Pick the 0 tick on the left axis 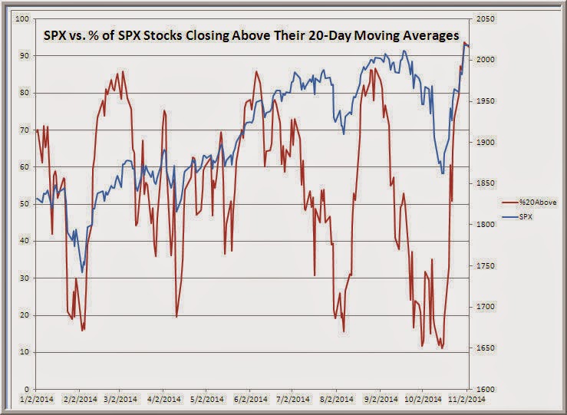pyautogui.click(x=26, y=389)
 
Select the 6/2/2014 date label pyautogui.click(x=252, y=400)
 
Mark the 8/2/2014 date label pyautogui.click(x=338, y=400)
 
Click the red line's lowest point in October pyautogui.click(x=442, y=349)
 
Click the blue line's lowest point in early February pyautogui.click(x=82, y=272)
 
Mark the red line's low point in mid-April pyautogui.click(x=177, y=316)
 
